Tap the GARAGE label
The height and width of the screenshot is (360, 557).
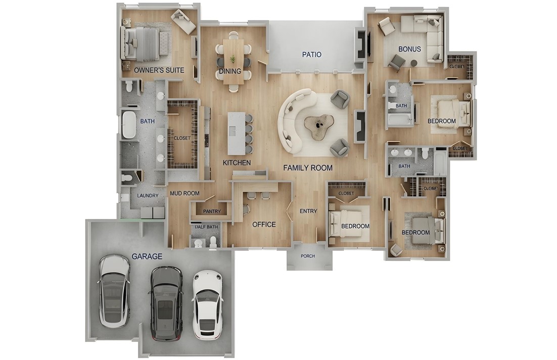pos(147,256)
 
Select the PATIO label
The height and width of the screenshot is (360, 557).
pos(312,55)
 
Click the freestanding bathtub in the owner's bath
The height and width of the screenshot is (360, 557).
pos(129,124)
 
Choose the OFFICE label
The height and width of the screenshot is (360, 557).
pos(264,224)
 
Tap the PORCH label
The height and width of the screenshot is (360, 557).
pos(308,256)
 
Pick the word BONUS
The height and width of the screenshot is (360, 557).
pos(410,50)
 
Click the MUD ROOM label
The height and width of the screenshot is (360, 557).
pos(184,193)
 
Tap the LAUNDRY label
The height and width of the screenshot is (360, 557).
pos(148,196)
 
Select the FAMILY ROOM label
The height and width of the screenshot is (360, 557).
pos(308,167)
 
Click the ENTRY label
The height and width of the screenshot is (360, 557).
pos(308,211)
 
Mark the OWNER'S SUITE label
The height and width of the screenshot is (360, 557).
pos(159,70)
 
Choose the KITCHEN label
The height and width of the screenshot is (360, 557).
pos(237,163)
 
